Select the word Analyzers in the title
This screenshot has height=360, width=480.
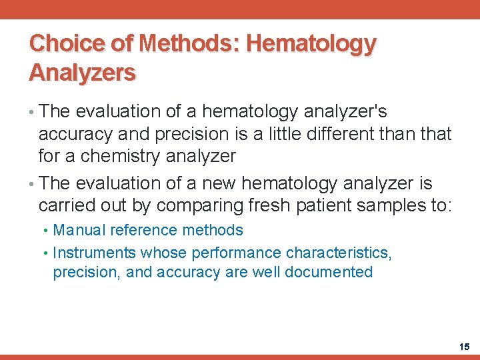(82, 72)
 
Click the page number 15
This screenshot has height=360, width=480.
(465, 347)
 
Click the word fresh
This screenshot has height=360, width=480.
(267, 205)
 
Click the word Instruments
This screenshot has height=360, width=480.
(95, 253)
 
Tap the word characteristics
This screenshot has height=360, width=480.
(339, 253)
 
